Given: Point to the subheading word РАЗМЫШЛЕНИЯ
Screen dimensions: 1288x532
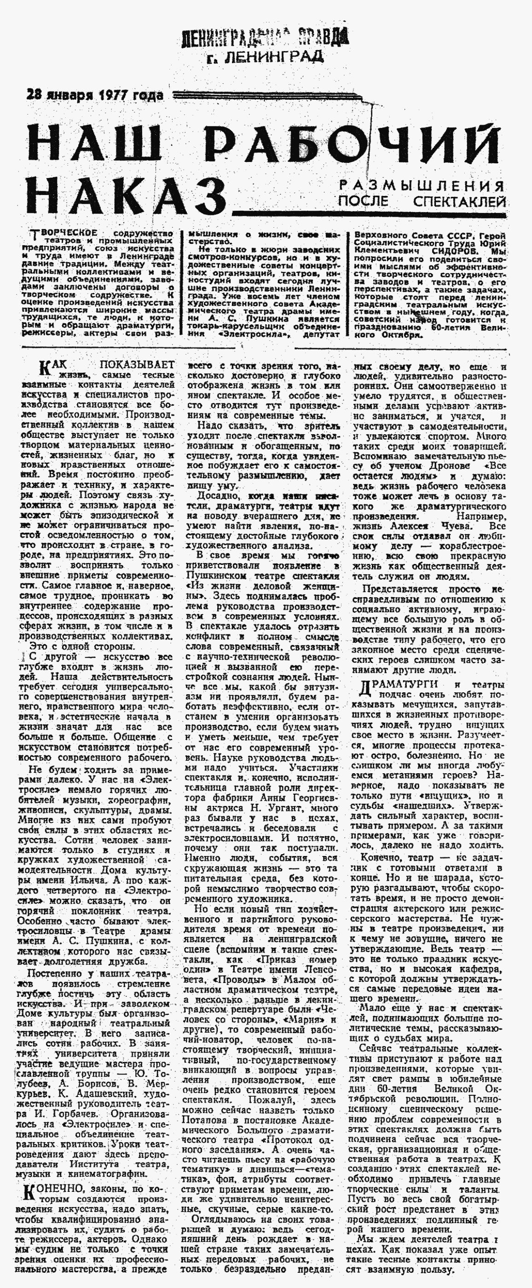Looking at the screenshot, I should click(x=421, y=186).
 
